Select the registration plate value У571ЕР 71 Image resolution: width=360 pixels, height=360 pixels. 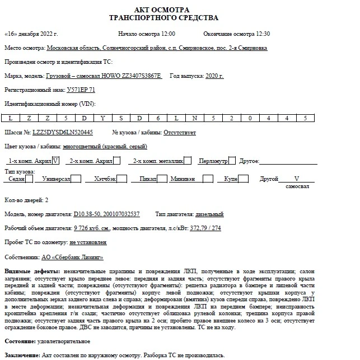pyautogui.click(x=81, y=90)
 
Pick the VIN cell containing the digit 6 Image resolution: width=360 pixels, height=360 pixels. pyautogui.click(x=158, y=118)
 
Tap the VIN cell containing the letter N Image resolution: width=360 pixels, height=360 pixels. pyautogui.click(x=194, y=118)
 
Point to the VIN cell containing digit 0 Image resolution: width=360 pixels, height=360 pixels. pyautogui.click(x=250, y=118)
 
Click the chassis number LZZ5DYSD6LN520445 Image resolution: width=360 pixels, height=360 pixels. pyautogui.click(x=63, y=133)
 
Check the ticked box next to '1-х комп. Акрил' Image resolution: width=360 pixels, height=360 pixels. pyautogui.click(x=55, y=161)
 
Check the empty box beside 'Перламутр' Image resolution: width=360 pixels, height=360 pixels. pyautogui.click(x=232, y=161)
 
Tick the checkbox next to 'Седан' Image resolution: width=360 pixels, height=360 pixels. pyautogui.click(x=30, y=179)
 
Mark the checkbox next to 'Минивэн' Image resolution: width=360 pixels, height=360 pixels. pyautogui.click(x=208, y=179)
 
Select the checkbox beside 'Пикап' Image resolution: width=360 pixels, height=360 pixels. pyautogui.click(x=162, y=179)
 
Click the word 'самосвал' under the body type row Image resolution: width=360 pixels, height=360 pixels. pyautogui.click(x=297, y=186)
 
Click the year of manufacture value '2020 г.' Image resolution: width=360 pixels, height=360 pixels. pyautogui.click(x=215, y=76)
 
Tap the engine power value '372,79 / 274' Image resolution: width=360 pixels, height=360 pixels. pyautogui.click(x=206, y=228)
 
